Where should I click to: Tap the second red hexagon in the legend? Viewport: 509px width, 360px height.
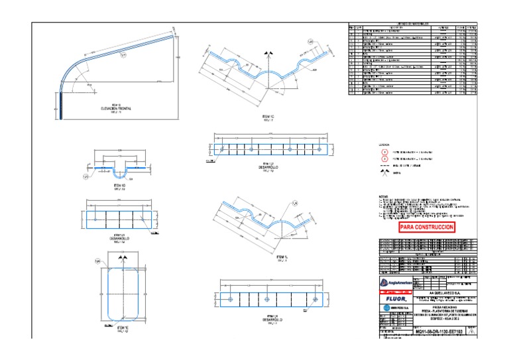coord(383,160)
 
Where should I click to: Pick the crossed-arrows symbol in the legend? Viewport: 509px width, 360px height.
coord(383,174)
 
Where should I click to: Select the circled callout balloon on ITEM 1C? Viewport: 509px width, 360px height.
coord(310,42)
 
